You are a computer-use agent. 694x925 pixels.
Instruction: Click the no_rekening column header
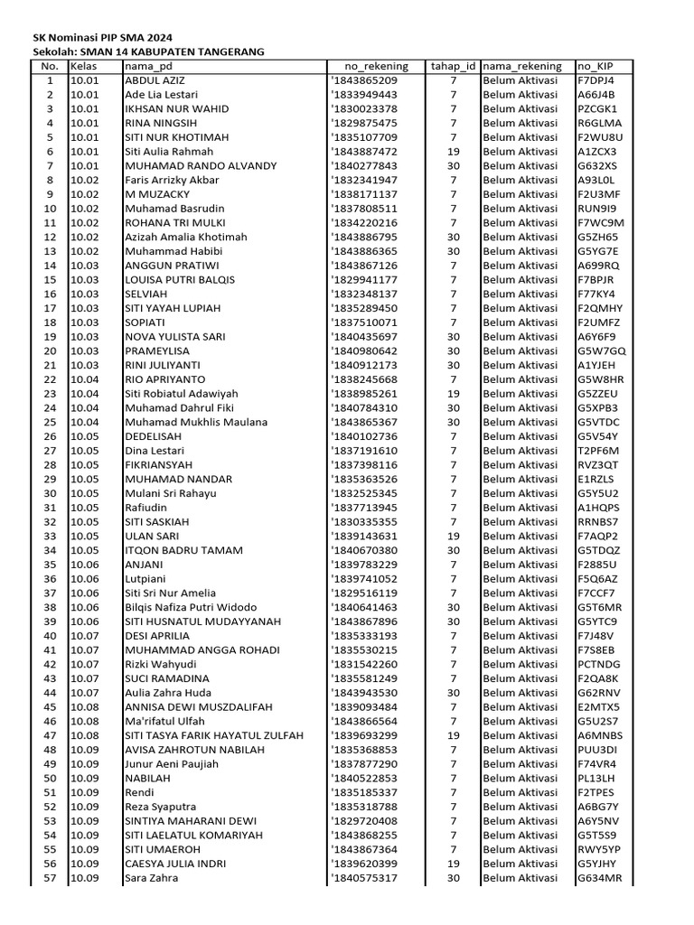[377, 66]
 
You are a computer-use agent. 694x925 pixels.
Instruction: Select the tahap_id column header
[453, 66]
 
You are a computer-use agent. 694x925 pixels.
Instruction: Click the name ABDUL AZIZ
[154, 80]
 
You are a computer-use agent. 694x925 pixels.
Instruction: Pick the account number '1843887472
[364, 152]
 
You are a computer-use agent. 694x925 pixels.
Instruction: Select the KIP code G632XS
[597, 166]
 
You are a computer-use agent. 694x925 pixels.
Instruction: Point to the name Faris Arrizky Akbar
[172, 180]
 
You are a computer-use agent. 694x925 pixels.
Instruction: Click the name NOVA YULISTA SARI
[172, 337]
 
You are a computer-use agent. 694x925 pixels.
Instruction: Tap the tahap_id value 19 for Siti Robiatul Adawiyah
[454, 394]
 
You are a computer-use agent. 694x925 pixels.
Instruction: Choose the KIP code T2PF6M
[597, 451]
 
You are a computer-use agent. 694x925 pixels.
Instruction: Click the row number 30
[50, 493]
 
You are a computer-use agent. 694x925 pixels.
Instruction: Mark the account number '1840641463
[364, 608]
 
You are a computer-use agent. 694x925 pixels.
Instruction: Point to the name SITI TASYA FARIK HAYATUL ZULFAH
[214, 736]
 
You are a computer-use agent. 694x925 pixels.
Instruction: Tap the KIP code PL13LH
[596, 779]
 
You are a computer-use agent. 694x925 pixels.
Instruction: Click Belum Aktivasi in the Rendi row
[520, 793]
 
